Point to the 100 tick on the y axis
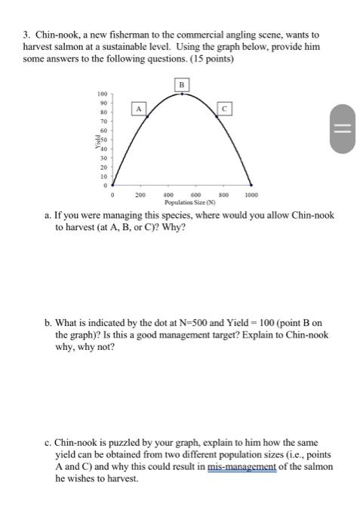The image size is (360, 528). coord(103,94)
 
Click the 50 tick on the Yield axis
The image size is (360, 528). coord(105,140)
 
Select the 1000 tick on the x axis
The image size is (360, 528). coord(251,194)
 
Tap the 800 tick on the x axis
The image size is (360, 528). coord(223,194)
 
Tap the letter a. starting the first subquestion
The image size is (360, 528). coord(48,216)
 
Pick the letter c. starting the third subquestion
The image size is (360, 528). coord(48,442)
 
